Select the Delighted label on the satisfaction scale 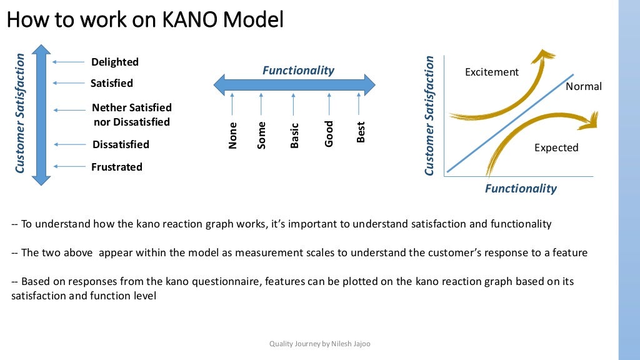coord(115,62)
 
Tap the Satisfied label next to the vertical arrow coord(112,83)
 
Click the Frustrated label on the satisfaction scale coord(117,167)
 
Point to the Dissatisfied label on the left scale coord(121,144)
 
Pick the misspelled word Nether coord(108,107)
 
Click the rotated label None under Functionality coord(233,136)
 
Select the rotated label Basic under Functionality coord(295,135)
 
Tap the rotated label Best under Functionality coord(361,132)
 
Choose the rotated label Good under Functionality coord(329,134)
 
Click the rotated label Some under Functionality coord(262,135)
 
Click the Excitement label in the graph coord(492,72)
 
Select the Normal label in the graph coord(584,87)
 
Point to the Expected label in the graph coord(556,148)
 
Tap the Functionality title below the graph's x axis coord(521,188)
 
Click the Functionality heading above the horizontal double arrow coord(298,71)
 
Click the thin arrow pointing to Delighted coord(69,62)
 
